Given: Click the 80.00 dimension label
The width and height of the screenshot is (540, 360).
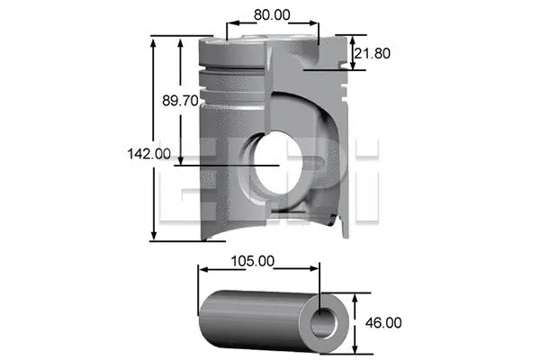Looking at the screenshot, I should click(x=272, y=14).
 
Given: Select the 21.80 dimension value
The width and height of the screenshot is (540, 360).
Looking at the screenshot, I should click(x=373, y=53).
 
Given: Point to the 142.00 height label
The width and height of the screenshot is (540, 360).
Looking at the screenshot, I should click(x=148, y=154).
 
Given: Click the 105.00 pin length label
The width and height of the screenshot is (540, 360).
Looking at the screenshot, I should click(x=253, y=261).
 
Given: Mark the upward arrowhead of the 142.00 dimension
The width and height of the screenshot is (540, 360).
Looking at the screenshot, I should click(x=155, y=41).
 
